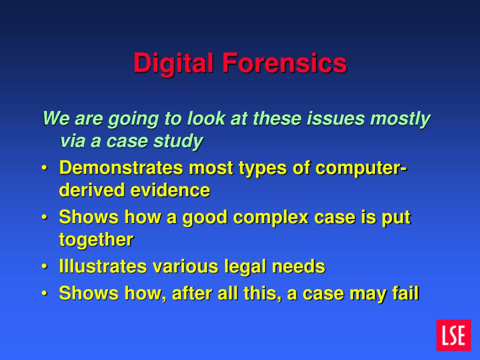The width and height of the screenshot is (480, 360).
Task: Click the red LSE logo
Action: point(453,335)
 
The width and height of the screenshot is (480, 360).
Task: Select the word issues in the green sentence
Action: point(336,119)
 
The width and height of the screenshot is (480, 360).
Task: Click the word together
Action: point(96,240)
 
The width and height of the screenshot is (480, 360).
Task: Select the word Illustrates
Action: point(102,267)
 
